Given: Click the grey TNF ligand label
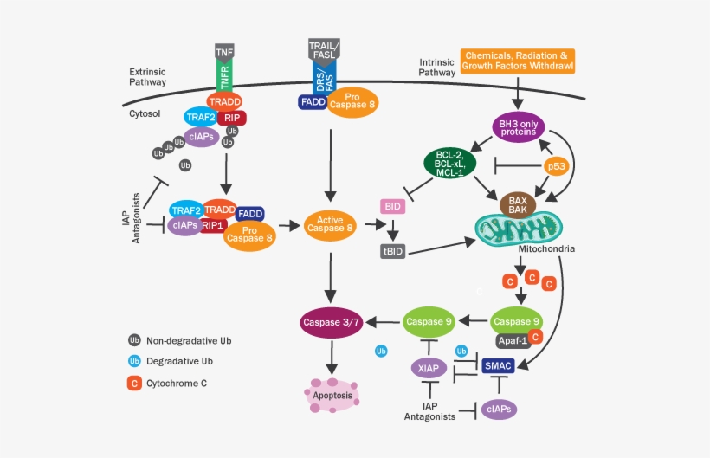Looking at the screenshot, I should (x=224, y=51).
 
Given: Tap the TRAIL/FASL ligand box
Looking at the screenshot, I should (x=325, y=49).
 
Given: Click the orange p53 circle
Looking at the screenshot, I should (x=556, y=164).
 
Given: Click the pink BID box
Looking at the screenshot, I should (x=394, y=207).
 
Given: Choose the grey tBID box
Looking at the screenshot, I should (x=394, y=251).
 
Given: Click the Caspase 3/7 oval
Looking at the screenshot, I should (x=330, y=322).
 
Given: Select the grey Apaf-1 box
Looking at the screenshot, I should (x=512, y=341).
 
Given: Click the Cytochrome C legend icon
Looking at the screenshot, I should (x=134, y=382).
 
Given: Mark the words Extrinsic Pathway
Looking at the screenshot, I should (x=148, y=77).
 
